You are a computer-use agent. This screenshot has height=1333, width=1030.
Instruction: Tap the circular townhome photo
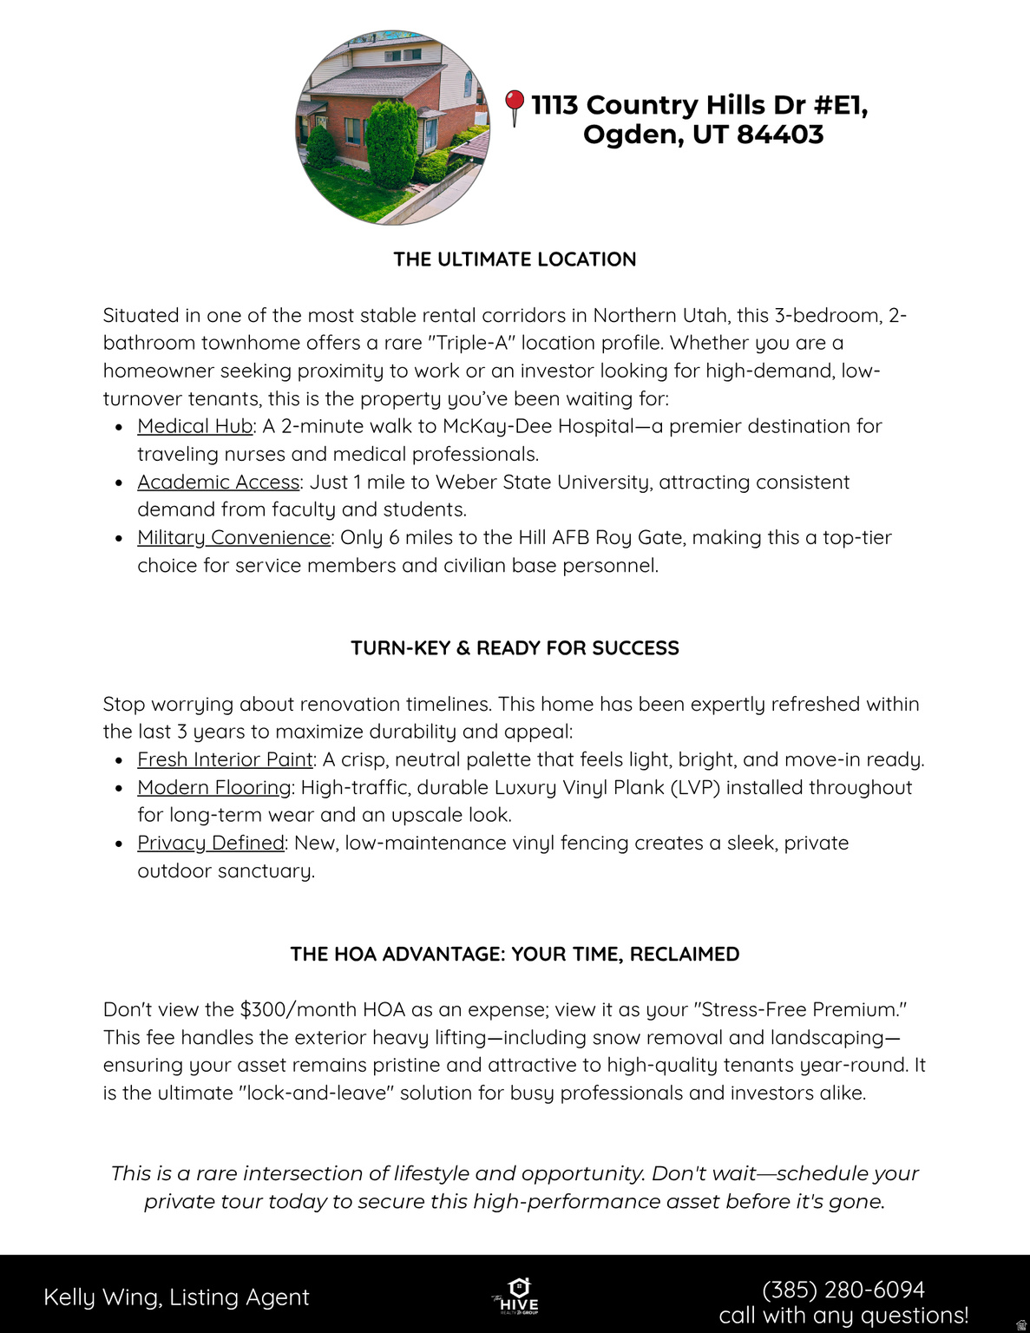point(393,128)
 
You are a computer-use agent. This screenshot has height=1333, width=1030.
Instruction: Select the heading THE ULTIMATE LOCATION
point(515,259)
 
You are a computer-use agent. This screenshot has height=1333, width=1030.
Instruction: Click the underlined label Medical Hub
point(194,426)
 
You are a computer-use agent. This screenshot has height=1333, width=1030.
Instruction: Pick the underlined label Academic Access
point(218,482)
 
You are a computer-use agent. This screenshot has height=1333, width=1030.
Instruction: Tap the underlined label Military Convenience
point(233,537)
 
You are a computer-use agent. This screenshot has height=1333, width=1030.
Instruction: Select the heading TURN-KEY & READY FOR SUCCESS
point(515,648)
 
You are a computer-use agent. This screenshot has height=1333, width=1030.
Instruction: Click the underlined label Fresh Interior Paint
point(225,759)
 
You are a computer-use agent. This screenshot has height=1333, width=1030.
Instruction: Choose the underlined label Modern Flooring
point(213,787)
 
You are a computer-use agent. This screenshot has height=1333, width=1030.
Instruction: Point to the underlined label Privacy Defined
point(211,843)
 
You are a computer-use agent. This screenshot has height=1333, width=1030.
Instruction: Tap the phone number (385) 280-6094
point(843,1290)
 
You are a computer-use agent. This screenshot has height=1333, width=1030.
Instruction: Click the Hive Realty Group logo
point(516,1297)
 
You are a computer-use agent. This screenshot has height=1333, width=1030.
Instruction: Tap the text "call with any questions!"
point(843,1316)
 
